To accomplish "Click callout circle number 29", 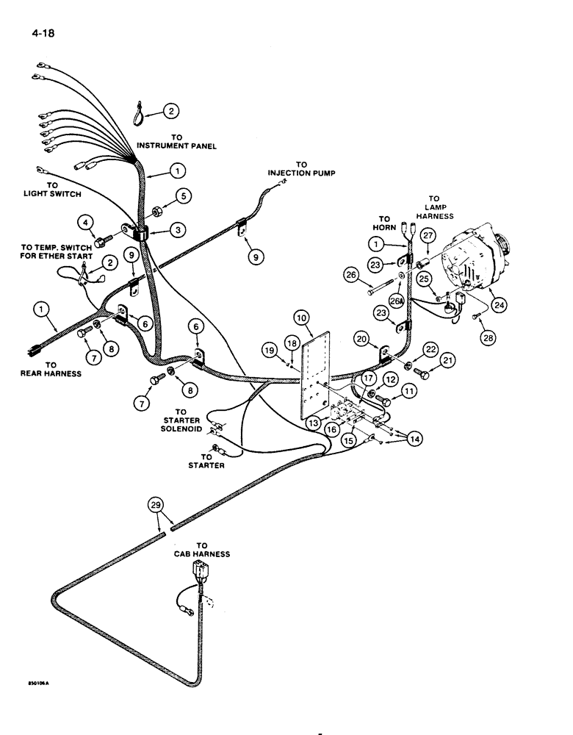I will pyautogui.click(x=155, y=506).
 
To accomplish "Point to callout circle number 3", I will pyautogui.click(x=177, y=231).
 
